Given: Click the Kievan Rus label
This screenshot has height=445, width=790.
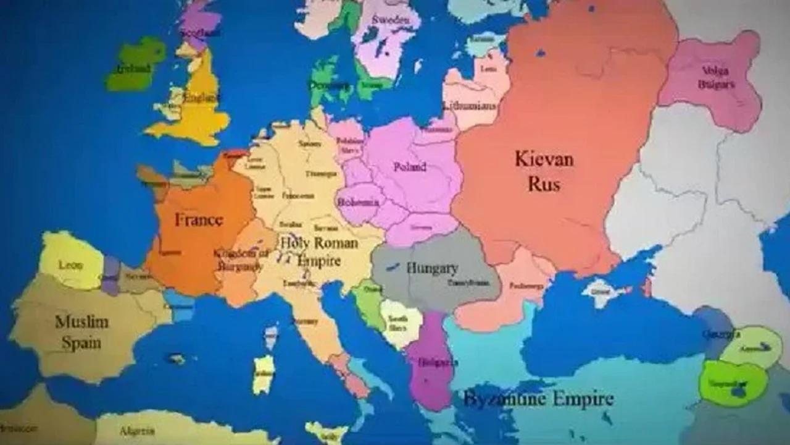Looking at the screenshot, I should (544, 171).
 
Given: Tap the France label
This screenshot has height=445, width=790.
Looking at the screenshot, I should (199, 219).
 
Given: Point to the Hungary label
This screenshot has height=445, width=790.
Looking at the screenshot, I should (432, 268).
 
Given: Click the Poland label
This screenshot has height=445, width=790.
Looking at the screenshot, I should (410, 167).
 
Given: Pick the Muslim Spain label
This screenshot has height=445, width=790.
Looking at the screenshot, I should (81, 331).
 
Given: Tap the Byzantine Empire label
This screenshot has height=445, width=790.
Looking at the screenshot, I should (538, 399).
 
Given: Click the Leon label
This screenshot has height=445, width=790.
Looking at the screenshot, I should (70, 265).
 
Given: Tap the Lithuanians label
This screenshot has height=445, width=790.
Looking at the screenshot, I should (470, 106).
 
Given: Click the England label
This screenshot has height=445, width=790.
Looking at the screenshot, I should (201, 98).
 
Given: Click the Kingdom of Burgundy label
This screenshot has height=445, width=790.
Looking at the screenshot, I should (241, 260).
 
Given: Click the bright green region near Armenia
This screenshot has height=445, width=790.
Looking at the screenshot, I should (733, 383).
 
